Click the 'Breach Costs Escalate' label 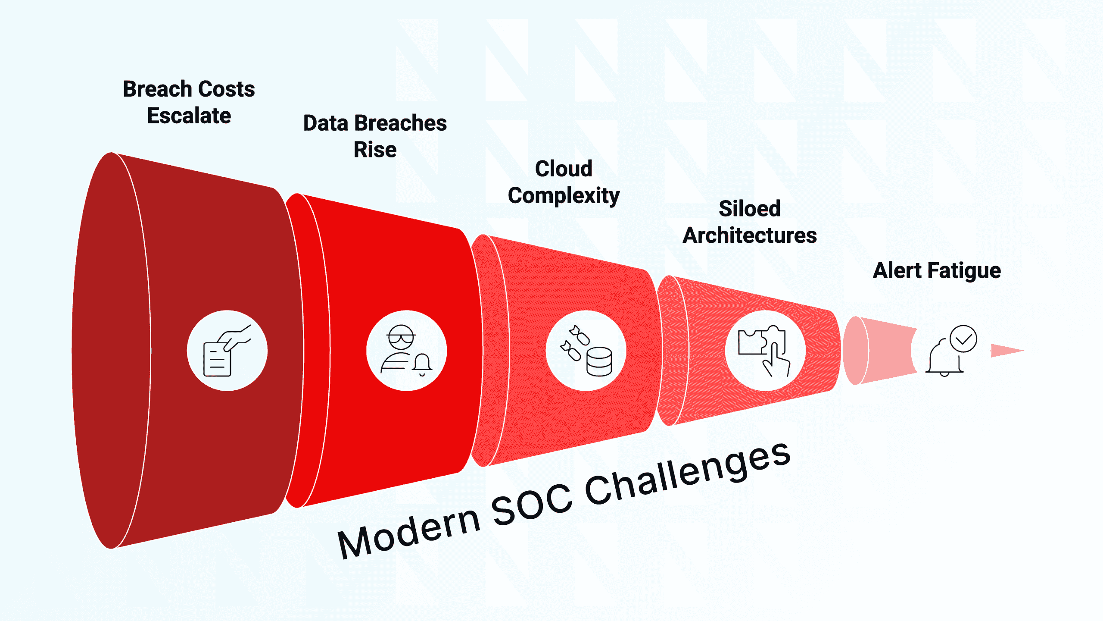[189, 102]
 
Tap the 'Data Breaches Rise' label [375, 136]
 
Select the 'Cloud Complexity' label [564, 182]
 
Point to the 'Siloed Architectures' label [750, 222]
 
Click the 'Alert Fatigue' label [937, 270]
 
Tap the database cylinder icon [599, 361]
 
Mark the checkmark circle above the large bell [963, 339]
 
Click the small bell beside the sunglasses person [422, 364]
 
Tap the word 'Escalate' [189, 116]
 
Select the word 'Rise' [375, 150]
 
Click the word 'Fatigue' [964, 271]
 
